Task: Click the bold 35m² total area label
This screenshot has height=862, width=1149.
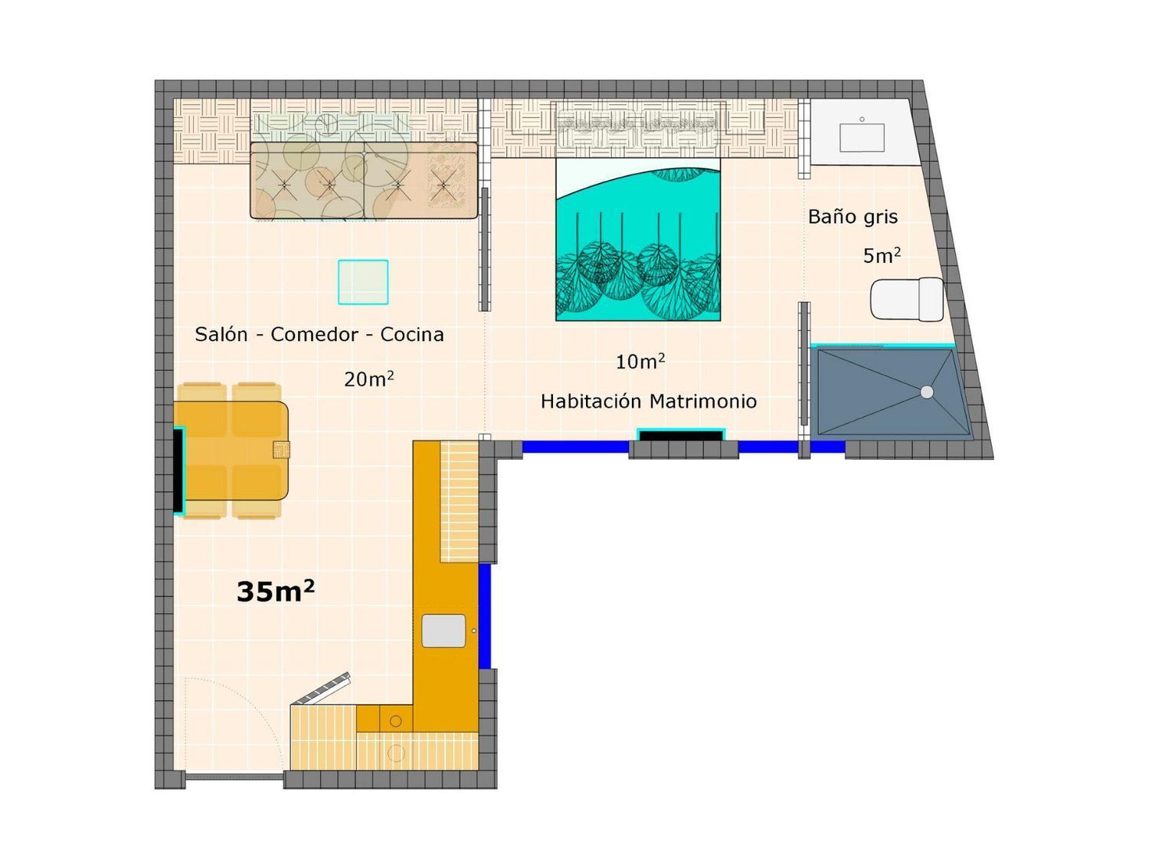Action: [275, 592]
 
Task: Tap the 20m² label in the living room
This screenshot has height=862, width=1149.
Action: [368, 379]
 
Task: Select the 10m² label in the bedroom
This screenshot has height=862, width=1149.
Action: [640, 361]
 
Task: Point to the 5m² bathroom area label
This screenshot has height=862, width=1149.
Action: [882, 255]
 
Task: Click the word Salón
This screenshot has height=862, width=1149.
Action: [221, 334]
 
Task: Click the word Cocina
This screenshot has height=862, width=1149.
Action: [412, 334]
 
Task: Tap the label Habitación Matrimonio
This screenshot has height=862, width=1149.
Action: [649, 402]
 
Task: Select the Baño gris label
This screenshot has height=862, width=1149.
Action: [853, 217]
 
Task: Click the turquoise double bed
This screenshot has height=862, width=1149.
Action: [637, 238]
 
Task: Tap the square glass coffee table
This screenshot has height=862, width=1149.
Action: [363, 281]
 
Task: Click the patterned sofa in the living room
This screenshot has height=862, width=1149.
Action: [364, 180]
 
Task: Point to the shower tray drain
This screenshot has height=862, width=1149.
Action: [927, 392]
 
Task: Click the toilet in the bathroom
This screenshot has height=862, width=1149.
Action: [907, 300]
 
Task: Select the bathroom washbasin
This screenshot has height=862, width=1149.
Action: [862, 137]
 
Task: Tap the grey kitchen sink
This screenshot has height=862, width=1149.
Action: [444, 631]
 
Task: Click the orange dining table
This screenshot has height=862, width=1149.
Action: [231, 451]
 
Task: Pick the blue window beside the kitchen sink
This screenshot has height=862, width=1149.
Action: [485, 616]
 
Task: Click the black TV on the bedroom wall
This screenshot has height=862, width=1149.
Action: [681, 435]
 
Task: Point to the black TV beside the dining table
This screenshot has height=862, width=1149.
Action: [178, 470]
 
